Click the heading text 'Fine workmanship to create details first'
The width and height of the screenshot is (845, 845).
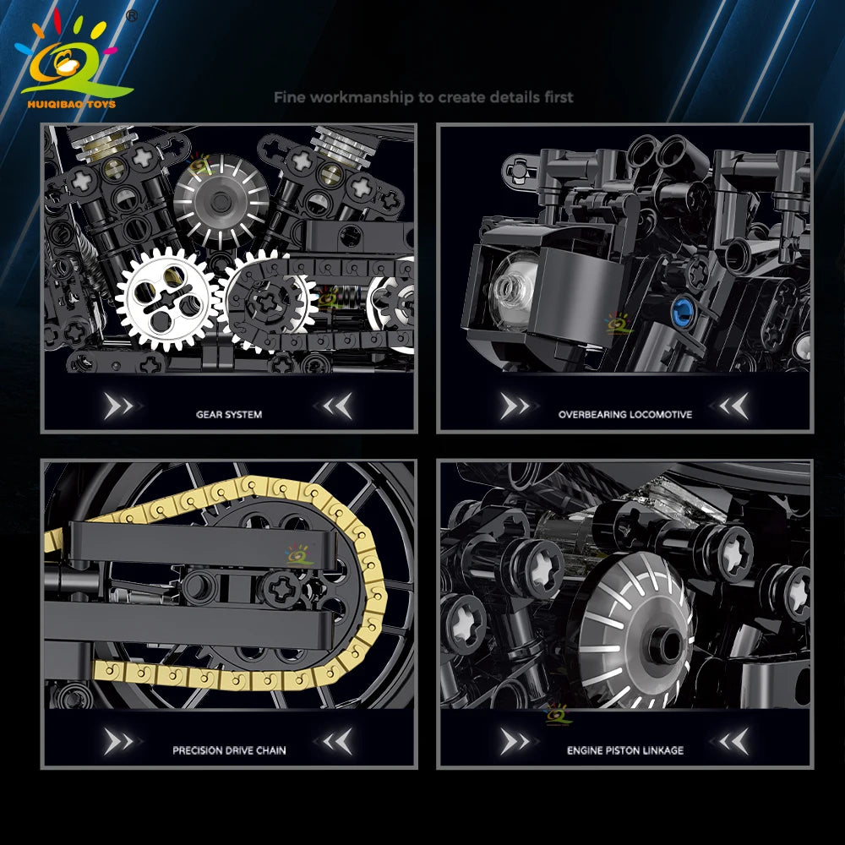[x=423, y=97]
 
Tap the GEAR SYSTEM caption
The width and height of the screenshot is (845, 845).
[x=229, y=414]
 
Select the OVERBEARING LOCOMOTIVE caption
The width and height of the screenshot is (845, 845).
[x=625, y=414]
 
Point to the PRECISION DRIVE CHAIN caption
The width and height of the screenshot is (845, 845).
[x=229, y=750]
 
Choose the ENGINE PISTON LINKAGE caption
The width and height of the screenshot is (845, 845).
[x=625, y=750]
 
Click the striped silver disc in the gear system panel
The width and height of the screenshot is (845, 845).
[x=221, y=202]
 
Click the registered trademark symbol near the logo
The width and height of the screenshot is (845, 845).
[x=131, y=16]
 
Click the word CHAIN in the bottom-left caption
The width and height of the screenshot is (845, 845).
[x=271, y=750]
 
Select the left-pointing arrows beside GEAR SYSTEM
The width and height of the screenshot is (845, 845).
[x=338, y=406]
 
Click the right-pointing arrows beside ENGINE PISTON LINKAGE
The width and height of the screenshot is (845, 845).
[x=515, y=742]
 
